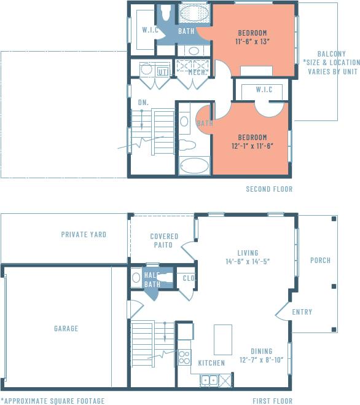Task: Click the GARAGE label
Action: tap(66, 329)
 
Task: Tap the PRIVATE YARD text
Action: tap(84, 234)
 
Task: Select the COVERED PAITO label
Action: tap(164, 240)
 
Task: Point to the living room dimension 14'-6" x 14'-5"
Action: tap(248, 261)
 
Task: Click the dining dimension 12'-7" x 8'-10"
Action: tap(261, 360)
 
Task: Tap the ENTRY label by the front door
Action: tap(302, 312)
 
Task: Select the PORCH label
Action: tap(320, 261)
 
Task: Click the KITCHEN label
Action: tap(211, 363)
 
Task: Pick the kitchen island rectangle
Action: tap(222, 339)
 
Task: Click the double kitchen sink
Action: tap(209, 380)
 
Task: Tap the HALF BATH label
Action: tap(152, 280)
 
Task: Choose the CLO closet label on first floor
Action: tap(188, 278)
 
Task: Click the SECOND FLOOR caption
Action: tap(269, 189)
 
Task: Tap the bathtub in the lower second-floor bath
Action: tap(195, 167)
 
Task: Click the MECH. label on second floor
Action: tap(197, 72)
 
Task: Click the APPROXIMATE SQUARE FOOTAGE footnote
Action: tap(52, 401)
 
